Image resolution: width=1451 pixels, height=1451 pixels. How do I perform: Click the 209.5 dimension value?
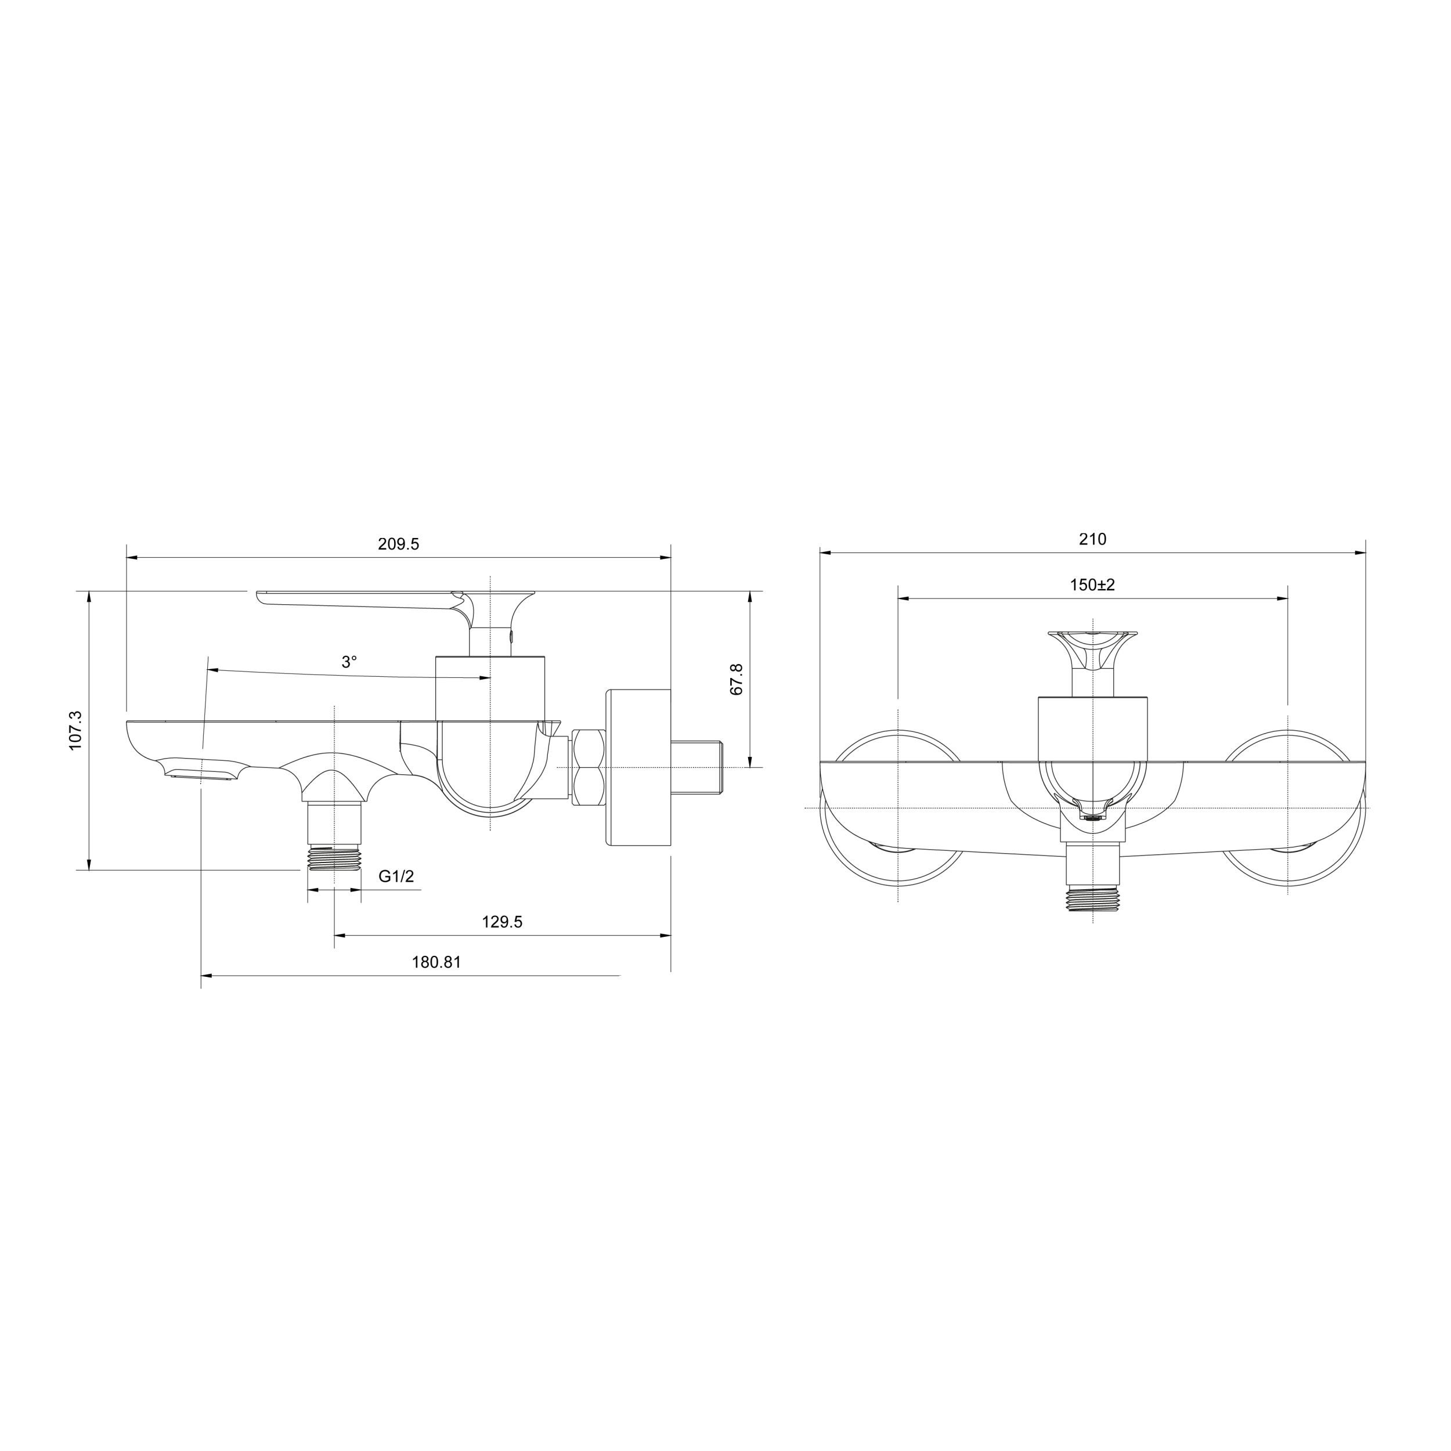398,544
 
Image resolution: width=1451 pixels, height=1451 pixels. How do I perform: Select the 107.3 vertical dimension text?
75,730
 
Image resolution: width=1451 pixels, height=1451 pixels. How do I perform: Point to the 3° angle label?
349,662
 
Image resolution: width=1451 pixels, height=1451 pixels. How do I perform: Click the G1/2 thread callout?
396,876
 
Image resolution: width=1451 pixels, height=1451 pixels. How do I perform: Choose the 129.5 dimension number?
501,922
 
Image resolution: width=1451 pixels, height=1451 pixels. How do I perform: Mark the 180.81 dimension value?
436,962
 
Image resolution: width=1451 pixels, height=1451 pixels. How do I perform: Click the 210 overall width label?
1093,539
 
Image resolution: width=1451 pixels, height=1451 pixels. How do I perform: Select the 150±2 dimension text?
1093,584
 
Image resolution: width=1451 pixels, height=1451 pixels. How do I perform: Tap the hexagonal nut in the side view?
588,767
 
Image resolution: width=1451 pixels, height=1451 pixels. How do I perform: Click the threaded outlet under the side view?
334,856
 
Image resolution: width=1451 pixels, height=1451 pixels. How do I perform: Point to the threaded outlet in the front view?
1093,900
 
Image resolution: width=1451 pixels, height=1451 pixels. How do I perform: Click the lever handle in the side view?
360,601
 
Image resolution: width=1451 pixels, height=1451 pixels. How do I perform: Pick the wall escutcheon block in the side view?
638,767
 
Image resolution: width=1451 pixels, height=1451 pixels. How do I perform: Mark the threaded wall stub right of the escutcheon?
698,767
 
